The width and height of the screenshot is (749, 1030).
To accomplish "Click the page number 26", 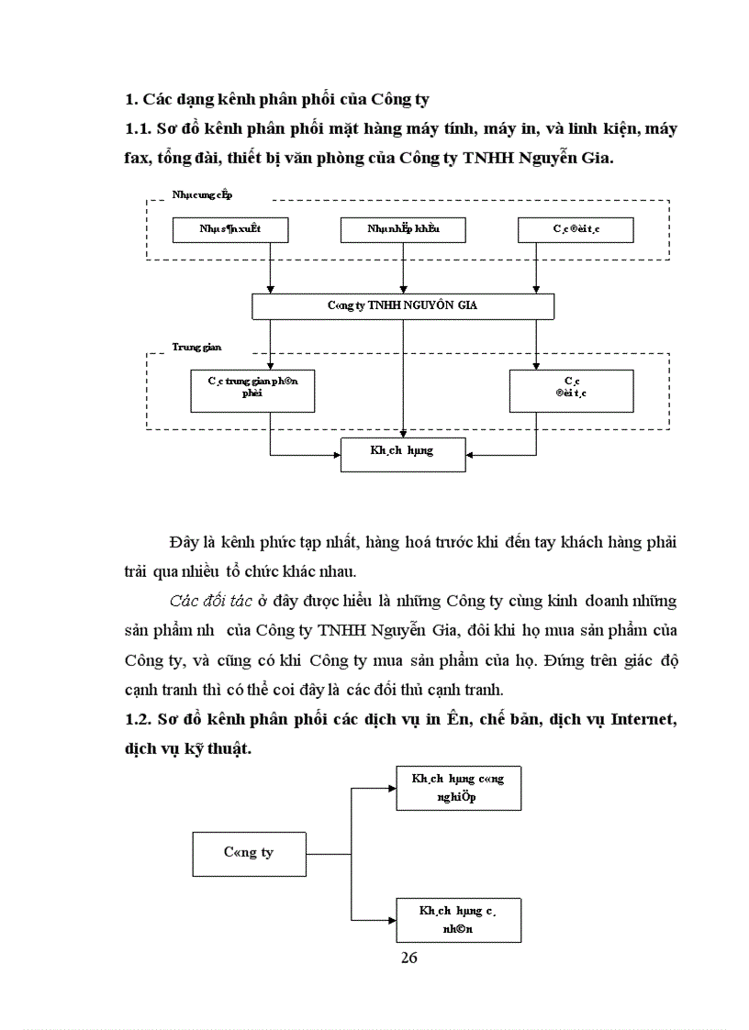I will click(x=409, y=958).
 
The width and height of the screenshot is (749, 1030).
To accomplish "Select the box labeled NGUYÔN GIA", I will click(x=403, y=306).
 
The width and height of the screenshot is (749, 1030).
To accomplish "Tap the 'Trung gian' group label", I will click(x=196, y=348).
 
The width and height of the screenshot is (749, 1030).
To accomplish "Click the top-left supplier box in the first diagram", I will click(x=230, y=229).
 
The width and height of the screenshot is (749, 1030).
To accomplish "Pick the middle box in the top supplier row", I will click(x=402, y=229).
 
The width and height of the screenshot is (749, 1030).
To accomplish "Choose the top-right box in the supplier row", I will click(x=575, y=229).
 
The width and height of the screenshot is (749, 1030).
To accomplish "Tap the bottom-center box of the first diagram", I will click(x=403, y=454).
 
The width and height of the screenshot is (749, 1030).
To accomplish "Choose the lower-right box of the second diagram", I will click(x=458, y=920).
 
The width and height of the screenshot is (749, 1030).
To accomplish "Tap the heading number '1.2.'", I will click(x=138, y=721).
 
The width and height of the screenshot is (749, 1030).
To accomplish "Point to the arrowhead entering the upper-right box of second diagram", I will click(x=392, y=788).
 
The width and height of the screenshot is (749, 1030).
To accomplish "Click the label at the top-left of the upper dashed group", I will click(x=202, y=194).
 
